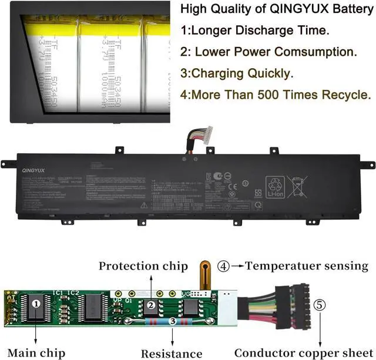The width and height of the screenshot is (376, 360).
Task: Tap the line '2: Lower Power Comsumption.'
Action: pyautogui.click(x=268, y=52)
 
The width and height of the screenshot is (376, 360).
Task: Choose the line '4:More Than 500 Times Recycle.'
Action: pyautogui.click(x=276, y=94)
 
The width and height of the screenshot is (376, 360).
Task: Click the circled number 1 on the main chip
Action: pyautogui.click(x=36, y=303)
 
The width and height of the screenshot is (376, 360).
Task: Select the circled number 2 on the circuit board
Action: pyautogui.click(x=150, y=304)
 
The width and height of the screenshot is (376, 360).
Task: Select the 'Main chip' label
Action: pyautogui.click(x=36, y=352)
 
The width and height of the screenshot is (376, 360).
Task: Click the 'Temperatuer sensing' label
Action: pyautogui.click(x=306, y=265)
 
